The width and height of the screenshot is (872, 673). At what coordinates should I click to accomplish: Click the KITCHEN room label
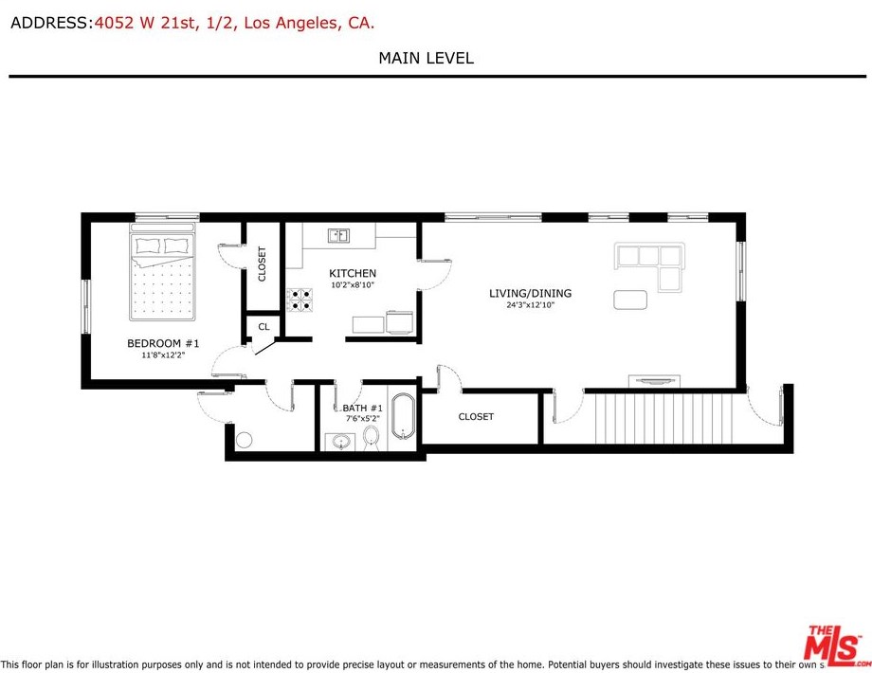(x=353, y=273)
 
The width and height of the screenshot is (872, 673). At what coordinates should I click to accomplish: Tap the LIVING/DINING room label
(x=530, y=293)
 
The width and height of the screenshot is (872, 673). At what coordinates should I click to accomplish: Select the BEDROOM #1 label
(x=163, y=343)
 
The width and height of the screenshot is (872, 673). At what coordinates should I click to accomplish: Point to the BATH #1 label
(x=363, y=408)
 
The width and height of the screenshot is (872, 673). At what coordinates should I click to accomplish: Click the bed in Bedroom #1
(x=162, y=272)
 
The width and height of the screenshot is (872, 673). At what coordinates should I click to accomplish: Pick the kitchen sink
(x=338, y=235)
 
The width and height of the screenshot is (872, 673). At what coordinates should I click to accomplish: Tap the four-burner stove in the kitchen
(x=300, y=300)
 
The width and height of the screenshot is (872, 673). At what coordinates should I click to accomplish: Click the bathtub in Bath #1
(x=403, y=416)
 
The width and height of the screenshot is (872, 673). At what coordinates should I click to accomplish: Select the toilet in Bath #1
(x=371, y=437)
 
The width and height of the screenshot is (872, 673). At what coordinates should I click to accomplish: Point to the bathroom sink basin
(x=339, y=442)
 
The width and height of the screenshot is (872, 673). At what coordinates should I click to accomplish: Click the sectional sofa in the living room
(x=649, y=265)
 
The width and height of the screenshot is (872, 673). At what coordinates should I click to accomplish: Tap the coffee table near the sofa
(x=630, y=300)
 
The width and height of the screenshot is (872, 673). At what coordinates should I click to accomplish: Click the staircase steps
(x=663, y=418)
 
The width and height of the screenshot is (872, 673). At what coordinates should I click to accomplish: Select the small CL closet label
(x=264, y=326)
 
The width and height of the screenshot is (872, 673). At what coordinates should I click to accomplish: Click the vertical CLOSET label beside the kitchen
(x=262, y=264)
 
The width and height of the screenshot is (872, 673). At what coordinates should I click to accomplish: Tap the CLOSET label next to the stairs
(x=476, y=416)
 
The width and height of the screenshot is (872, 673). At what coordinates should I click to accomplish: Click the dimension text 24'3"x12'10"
(x=531, y=305)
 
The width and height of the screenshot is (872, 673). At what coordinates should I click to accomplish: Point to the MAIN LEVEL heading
(x=426, y=58)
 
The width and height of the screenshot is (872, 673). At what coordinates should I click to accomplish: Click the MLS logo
(x=836, y=646)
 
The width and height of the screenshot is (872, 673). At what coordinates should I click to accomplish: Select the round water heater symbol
(x=245, y=440)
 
